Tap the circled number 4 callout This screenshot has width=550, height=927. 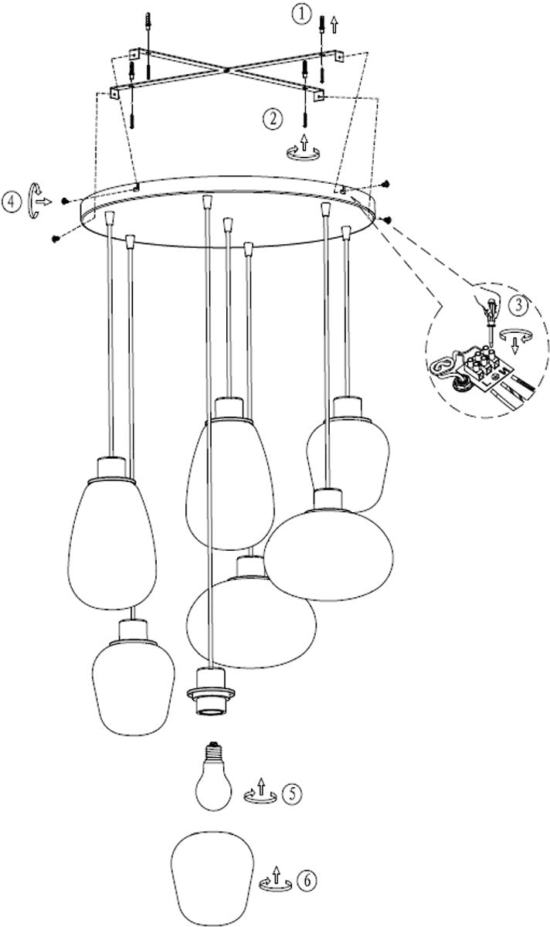click(x=11, y=202)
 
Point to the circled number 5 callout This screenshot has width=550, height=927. click(x=290, y=792)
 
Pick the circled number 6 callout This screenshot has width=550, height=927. click(x=306, y=878)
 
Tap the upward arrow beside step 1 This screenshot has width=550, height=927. click(x=334, y=23)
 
